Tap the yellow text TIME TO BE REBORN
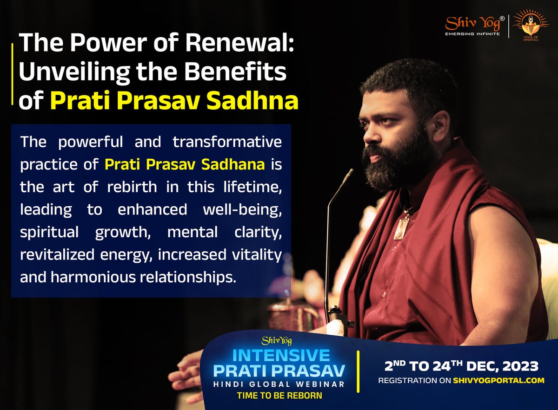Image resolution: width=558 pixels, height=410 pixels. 280,396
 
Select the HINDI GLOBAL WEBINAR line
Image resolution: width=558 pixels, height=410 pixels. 280,384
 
